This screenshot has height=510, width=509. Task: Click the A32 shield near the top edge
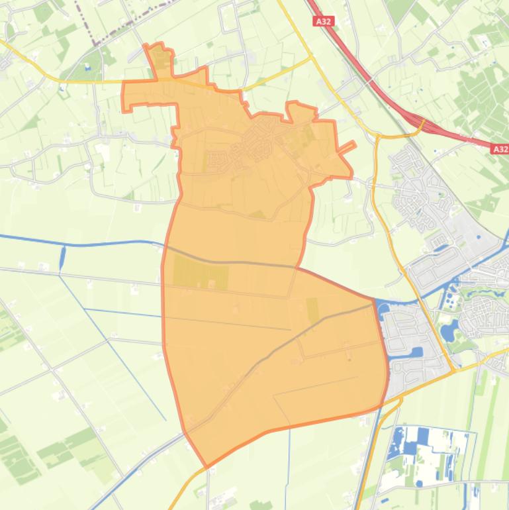point(323,22)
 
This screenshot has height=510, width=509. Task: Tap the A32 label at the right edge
point(500,150)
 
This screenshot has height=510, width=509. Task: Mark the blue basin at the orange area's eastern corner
point(382,306)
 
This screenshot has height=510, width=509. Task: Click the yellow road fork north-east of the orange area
point(312,58)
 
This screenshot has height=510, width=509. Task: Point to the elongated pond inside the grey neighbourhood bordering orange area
point(416,352)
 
